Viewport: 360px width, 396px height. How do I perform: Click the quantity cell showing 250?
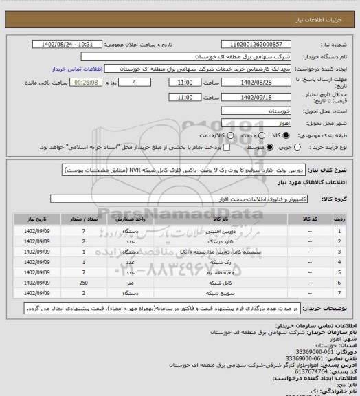coord(83,282)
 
